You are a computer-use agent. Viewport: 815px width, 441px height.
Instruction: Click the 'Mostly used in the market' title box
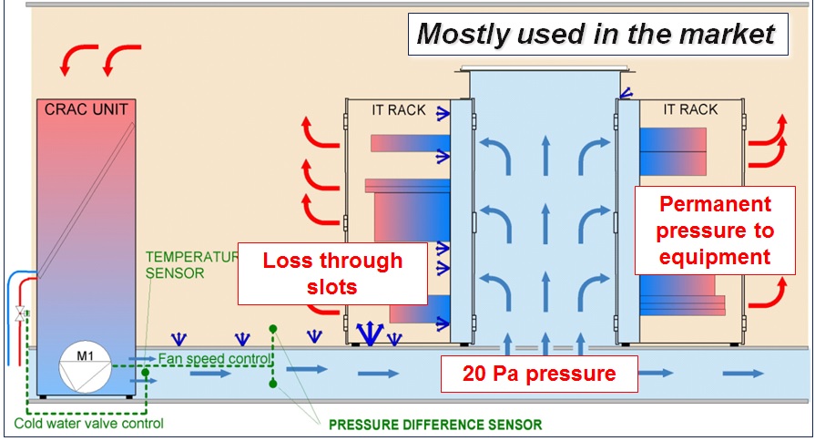coord(597,35)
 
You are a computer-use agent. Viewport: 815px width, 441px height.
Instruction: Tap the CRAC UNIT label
coord(87,109)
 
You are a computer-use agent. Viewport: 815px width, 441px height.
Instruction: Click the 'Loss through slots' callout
coord(332,273)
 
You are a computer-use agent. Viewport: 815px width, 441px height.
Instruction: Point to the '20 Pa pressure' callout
coord(539,374)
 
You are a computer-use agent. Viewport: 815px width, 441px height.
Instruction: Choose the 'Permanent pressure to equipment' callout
coord(715,231)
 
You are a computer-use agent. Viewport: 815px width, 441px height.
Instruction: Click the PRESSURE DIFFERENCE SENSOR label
coord(435,425)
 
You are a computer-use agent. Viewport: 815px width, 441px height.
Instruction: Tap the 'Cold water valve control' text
coord(89,424)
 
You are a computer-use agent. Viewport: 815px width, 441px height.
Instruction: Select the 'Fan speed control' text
coord(215,359)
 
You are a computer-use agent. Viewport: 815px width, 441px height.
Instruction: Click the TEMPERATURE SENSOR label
coord(192,265)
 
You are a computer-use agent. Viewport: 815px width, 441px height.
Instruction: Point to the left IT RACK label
coord(399,110)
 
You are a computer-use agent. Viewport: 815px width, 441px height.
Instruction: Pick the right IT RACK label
coord(690,109)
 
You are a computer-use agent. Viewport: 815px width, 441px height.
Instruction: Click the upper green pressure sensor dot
coord(273,329)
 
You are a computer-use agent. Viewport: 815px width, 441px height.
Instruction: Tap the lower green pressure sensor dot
coord(273,384)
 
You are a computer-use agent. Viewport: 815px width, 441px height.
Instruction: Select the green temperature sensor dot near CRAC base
coord(146,373)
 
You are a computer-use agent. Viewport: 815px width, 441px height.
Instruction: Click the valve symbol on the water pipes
coord(21,314)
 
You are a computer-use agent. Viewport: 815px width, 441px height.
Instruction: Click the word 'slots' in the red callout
coord(332,287)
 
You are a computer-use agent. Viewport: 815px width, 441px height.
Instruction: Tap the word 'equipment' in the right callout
coord(715,257)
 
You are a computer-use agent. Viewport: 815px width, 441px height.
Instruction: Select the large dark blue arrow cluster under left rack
coord(370,333)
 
